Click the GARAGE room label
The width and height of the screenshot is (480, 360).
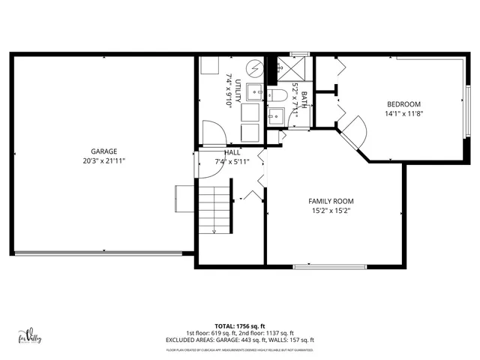tap(104, 151)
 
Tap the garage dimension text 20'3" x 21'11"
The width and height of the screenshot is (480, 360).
tap(104, 160)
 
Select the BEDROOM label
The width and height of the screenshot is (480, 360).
tap(403, 104)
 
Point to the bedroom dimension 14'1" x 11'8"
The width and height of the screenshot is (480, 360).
tap(403, 114)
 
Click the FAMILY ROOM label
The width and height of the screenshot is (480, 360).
tap(331, 201)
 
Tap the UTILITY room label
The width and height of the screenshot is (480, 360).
tap(238, 91)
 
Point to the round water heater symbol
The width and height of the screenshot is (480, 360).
tap(254, 68)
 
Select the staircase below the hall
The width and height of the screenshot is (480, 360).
tap(214, 208)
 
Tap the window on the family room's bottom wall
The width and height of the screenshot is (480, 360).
tap(329, 266)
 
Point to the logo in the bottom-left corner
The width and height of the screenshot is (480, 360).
tap(28, 337)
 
